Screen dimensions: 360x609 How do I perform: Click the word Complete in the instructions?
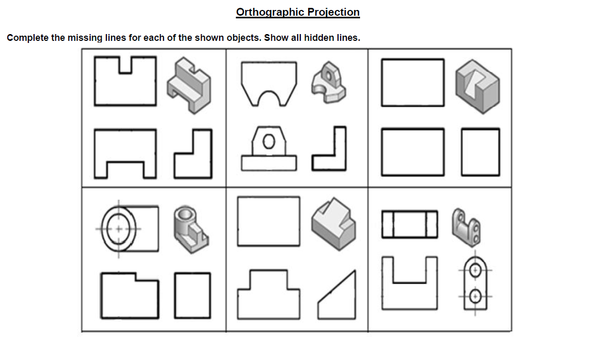[27, 38]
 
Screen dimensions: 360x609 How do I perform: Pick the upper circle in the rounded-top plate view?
[475, 270]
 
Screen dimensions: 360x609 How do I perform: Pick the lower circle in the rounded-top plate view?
[475, 297]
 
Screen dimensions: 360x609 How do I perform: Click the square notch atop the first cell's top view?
[125, 65]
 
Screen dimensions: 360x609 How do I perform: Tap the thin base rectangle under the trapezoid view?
[269, 163]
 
